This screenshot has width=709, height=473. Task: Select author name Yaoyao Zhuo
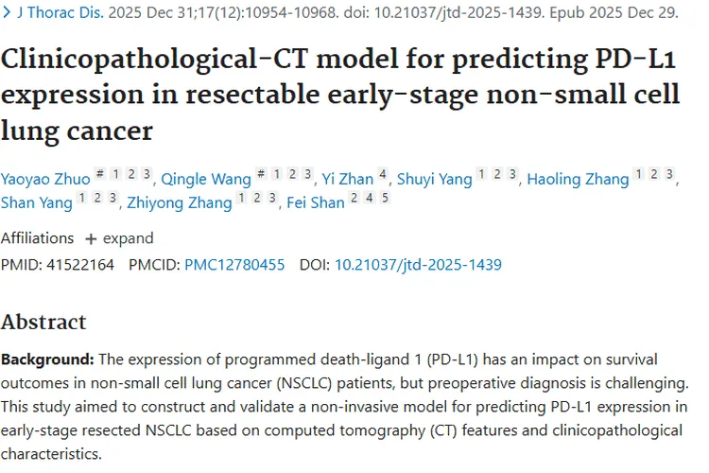coord(46,179)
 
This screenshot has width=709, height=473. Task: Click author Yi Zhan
coord(347,179)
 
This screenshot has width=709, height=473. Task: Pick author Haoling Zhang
coord(577,179)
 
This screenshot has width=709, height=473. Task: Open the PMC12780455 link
coord(234,265)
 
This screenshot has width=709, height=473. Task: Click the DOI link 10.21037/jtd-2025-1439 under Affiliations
coord(418,265)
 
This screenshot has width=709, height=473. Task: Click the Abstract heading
coord(43,322)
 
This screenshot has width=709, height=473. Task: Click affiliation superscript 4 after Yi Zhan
coord(382,174)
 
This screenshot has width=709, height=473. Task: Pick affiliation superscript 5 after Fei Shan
coord(385,198)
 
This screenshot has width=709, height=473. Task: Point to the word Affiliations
coord(37,238)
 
